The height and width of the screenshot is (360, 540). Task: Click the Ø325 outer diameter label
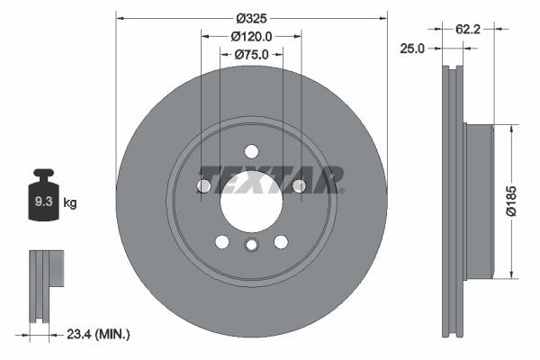pyautogui.click(x=252, y=17)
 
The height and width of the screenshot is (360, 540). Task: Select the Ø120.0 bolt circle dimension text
pyautogui.click(x=252, y=36)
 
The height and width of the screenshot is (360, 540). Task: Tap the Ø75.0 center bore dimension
pyautogui.click(x=253, y=54)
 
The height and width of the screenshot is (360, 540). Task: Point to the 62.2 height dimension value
pyautogui.click(x=467, y=29)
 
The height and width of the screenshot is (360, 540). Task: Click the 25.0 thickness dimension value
pyautogui.click(x=411, y=49)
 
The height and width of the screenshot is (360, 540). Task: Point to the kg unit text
pyautogui.click(x=70, y=203)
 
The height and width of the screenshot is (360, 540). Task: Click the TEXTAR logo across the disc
pyautogui.click(x=270, y=180)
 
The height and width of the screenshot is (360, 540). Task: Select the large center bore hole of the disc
pyautogui.click(x=251, y=200)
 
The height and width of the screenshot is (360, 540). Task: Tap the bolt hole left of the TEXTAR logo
pyautogui.click(x=203, y=185)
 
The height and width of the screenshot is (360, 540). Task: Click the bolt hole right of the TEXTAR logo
pyautogui.click(x=300, y=185)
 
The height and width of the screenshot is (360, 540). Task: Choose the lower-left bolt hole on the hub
pyautogui.click(x=221, y=241)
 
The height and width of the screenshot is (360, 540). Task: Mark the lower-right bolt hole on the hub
pyautogui.click(x=281, y=241)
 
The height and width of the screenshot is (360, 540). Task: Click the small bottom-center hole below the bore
pyautogui.click(x=251, y=246)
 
